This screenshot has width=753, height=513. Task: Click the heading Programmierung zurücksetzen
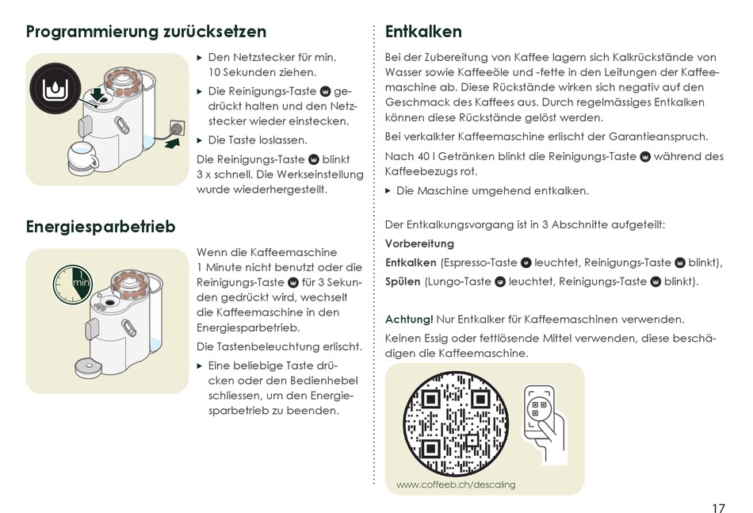click(146, 32)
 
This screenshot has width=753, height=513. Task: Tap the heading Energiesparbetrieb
click(101, 227)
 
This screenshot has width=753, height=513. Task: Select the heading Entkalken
click(423, 32)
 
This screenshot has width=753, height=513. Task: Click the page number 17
click(718, 508)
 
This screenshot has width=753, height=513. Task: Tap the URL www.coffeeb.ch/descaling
click(455, 484)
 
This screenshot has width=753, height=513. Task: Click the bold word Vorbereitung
click(419, 243)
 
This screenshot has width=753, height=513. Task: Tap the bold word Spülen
click(403, 281)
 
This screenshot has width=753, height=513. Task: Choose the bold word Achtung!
click(409, 320)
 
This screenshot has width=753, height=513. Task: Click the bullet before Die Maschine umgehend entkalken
click(388, 191)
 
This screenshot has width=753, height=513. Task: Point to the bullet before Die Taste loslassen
click(200, 140)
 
